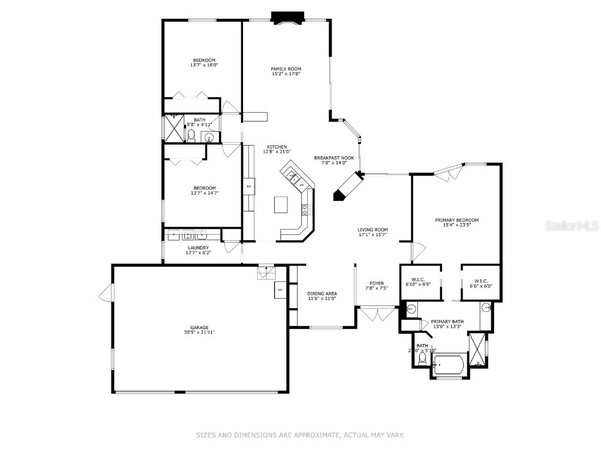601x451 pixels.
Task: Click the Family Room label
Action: (x=286, y=69)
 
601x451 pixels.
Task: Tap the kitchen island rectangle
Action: (x=281, y=204)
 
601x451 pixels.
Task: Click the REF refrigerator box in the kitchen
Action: (x=249, y=186)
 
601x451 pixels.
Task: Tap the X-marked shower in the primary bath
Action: (x=478, y=349)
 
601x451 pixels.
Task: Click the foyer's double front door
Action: (x=378, y=314)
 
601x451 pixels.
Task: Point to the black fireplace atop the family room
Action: (x=287, y=18)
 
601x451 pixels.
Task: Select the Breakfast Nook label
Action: (x=333, y=158)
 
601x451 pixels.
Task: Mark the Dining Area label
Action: (x=322, y=294)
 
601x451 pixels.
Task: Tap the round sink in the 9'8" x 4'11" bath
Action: (x=208, y=137)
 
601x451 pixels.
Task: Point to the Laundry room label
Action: (x=198, y=248)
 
